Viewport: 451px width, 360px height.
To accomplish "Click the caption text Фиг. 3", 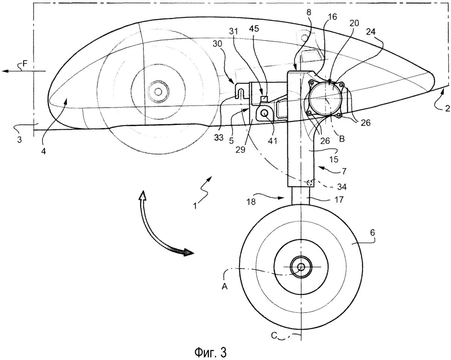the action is point(210,352).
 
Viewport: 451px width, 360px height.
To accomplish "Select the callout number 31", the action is point(234,32).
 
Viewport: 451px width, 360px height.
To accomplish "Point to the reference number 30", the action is point(218,44).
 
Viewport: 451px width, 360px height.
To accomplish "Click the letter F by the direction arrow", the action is point(25,63).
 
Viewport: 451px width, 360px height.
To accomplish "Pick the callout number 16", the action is point(332,17).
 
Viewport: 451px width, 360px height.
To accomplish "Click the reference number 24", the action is point(371,32).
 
